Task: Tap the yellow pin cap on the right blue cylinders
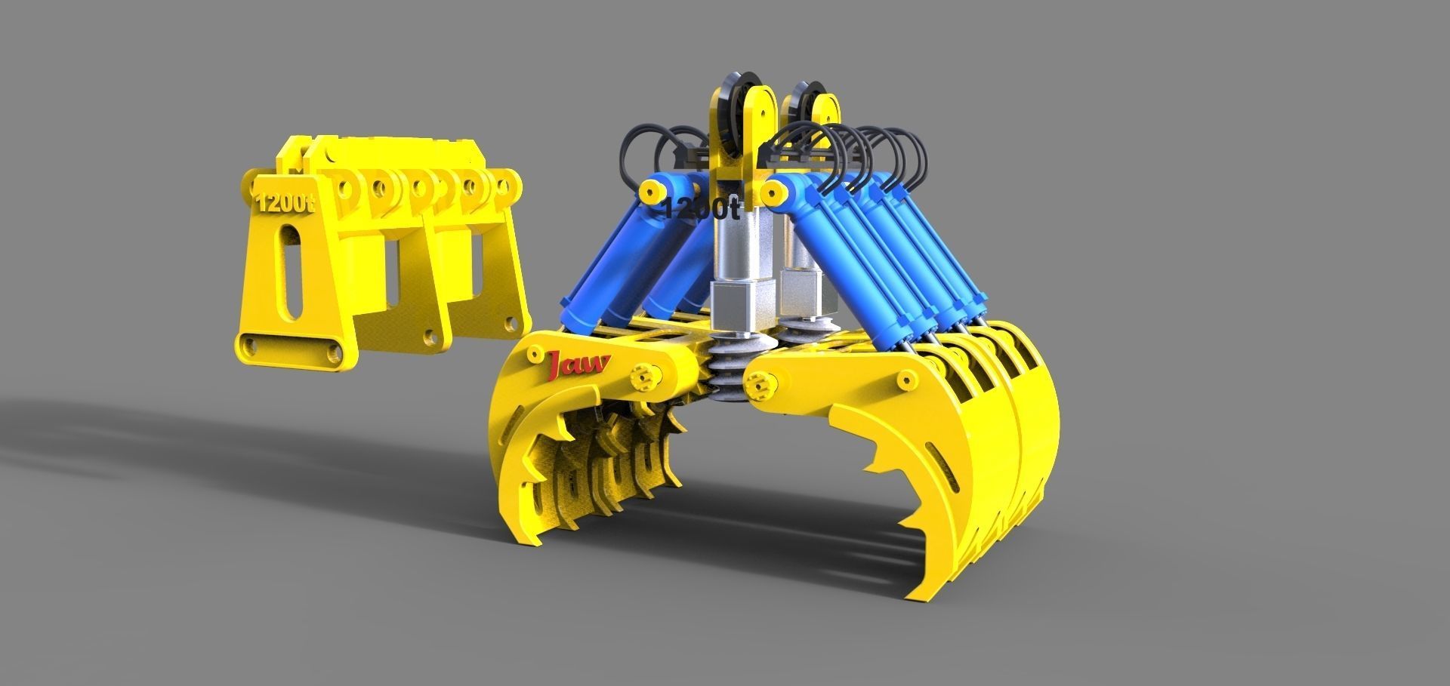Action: point(772,194)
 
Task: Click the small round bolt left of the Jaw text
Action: point(535,354)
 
